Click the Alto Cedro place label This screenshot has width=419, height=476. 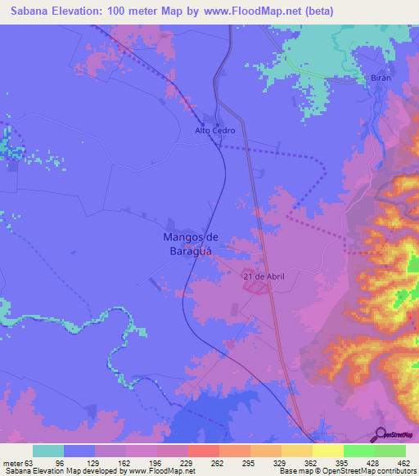[x=215, y=131]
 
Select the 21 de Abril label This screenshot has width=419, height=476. [x=264, y=277]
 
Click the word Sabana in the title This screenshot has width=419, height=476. [x=25, y=11]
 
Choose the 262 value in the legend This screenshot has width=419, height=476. [x=219, y=462]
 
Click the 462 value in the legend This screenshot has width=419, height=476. [x=402, y=462]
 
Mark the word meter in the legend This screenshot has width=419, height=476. [x=11, y=462]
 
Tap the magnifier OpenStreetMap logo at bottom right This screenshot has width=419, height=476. [x=381, y=433]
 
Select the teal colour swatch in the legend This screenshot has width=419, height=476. [x=48, y=451]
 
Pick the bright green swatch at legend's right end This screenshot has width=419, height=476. [x=390, y=451]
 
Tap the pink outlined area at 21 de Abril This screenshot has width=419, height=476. [x=256, y=282]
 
